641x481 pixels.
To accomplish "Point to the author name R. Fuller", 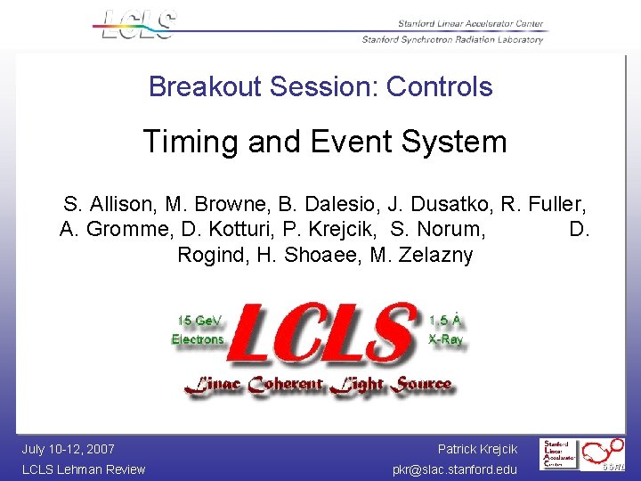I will pos(543,204).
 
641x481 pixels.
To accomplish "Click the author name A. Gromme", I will pos(116,230).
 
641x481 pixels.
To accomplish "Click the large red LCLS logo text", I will pos(324,334).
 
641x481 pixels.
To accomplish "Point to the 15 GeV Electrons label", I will pos(198,330).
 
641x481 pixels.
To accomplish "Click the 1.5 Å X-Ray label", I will pos(445,330).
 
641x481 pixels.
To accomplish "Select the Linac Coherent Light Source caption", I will pos(318,385).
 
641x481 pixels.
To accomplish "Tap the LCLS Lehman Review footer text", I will pos(83,469).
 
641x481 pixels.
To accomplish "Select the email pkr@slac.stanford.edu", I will pos(454,469).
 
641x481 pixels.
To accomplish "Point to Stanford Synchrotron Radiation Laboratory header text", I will pos(452,39).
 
